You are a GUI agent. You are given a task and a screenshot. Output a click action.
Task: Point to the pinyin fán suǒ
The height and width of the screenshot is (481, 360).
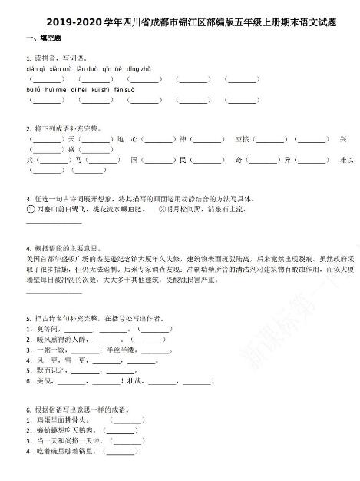(124, 89)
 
